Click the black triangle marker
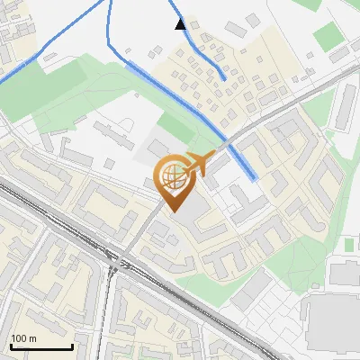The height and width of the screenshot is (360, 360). tap(181, 24)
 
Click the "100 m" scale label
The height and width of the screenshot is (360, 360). tap(23, 338)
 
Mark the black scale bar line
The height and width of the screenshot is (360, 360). tap(41, 347)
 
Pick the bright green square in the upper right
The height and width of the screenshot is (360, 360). tap(329, 36)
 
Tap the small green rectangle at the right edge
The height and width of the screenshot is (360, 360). tap(349, 244)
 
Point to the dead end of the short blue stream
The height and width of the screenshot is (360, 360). tap(223, 79)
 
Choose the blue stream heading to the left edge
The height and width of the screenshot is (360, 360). tap(36, 60)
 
